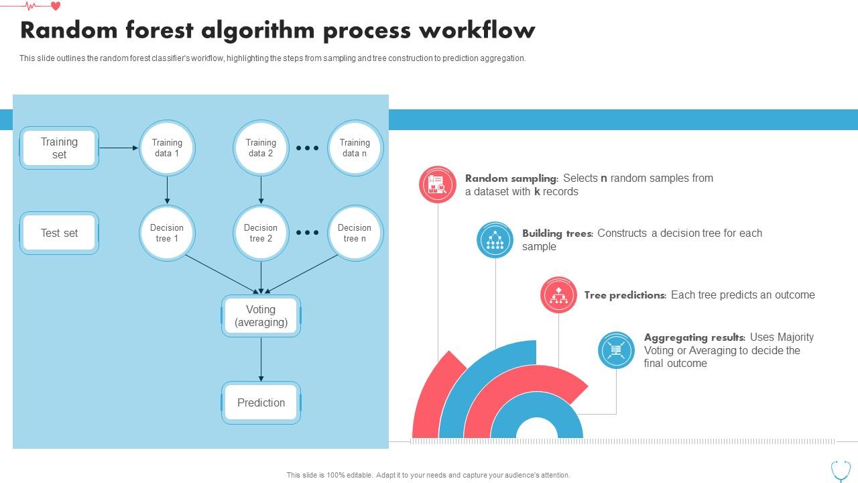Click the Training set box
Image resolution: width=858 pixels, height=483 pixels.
(60, 148)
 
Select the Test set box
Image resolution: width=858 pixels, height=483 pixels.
(60, 233)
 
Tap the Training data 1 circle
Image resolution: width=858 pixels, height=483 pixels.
(167, 148)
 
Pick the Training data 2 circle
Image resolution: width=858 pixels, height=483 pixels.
(261, 148)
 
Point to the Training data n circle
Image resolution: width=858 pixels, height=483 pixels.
(355, 148)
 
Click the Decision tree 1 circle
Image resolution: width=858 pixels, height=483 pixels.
(167, 233)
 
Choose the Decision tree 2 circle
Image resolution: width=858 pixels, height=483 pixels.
(261, 233)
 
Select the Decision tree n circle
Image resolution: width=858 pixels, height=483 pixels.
(355, 233)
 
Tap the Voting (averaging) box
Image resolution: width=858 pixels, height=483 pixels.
(261, 316)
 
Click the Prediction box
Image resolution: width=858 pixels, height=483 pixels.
(261, 402)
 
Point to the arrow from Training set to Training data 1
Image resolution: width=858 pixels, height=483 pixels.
(119, 148)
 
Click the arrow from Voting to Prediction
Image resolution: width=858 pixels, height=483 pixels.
(261, 359)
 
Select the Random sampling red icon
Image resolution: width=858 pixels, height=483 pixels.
(438, 184)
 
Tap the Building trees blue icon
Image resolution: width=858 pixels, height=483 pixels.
(495, 239)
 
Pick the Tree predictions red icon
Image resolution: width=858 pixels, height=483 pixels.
(558, 294)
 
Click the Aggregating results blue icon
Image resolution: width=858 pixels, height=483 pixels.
(616, 350)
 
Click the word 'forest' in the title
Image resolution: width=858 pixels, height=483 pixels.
(160, 30)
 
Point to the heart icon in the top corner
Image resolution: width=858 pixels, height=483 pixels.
(56, 6)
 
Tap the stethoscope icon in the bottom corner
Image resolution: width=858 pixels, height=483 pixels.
(841, 472)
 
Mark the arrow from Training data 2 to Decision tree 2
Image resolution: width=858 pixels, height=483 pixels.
(261, 190)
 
